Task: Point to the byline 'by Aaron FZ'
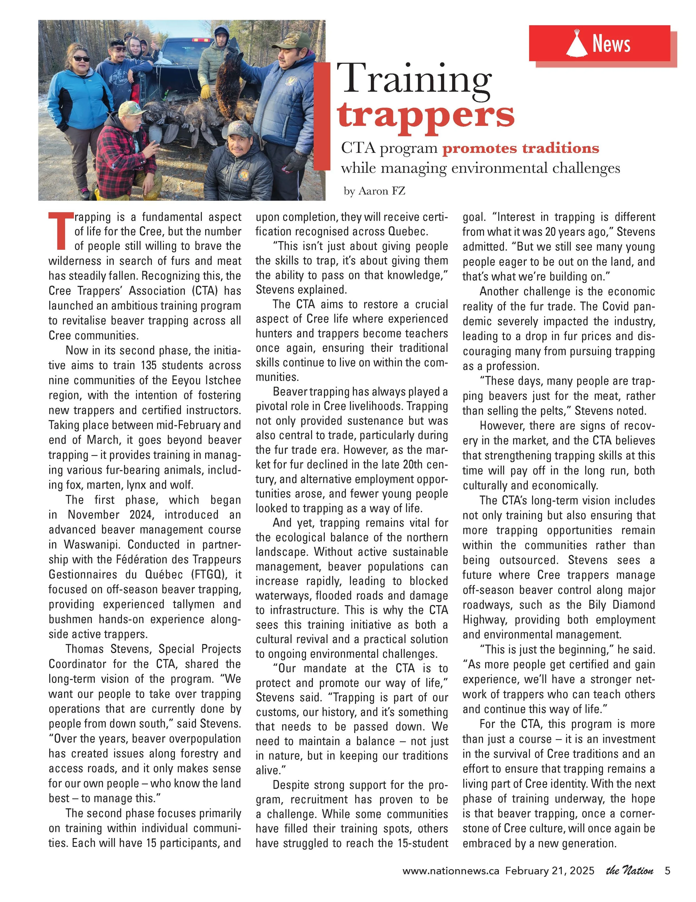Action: tap(374, 191)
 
